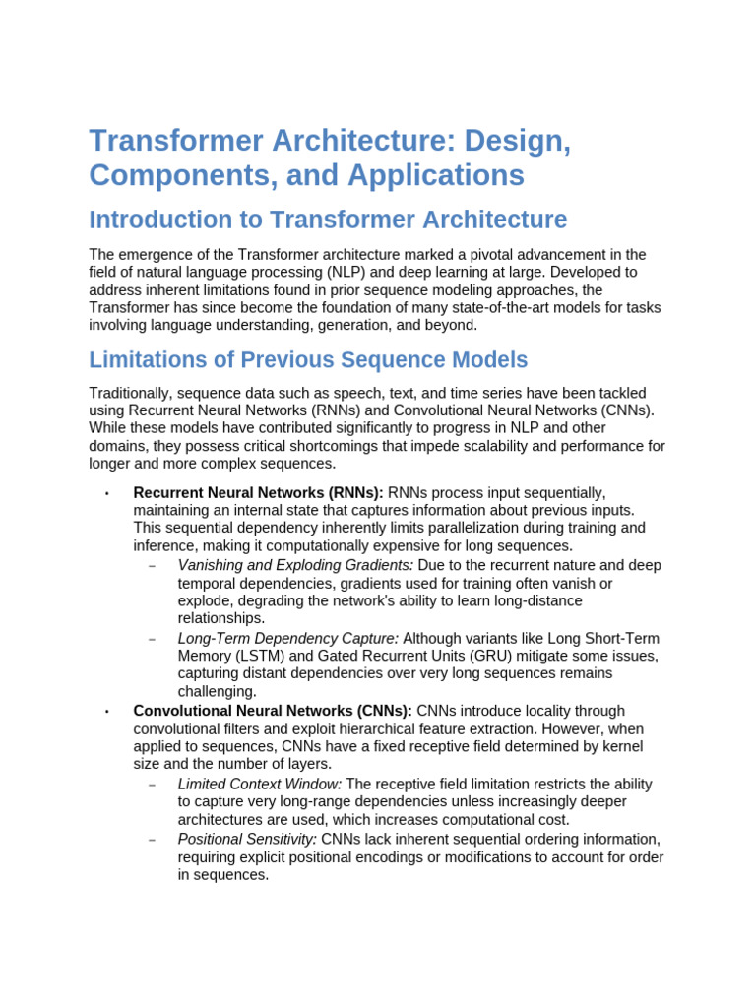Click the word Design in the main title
pyautogui.click(x=518, y=140)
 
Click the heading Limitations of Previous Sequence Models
pyautogui.click(x=308, y=359)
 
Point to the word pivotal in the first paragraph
pyautogui.click(x=492, y=254)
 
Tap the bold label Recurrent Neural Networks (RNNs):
pyautogui.click(x=258, y=492)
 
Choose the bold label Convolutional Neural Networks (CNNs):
pyautogui.click(x=273, y=711)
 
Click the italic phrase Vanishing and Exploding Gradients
pyautogui.click(x=295, y=565)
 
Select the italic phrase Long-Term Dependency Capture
pyautogui.click(x=287, y=638)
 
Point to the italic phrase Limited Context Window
pyautogui.click(x=259, y=784)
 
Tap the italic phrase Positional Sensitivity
pyautogui.click(x=247, y=839)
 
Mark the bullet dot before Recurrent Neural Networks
pyautogui.click(x=105, y=493)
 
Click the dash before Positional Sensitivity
pyautogui.click(x=152, y=840)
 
